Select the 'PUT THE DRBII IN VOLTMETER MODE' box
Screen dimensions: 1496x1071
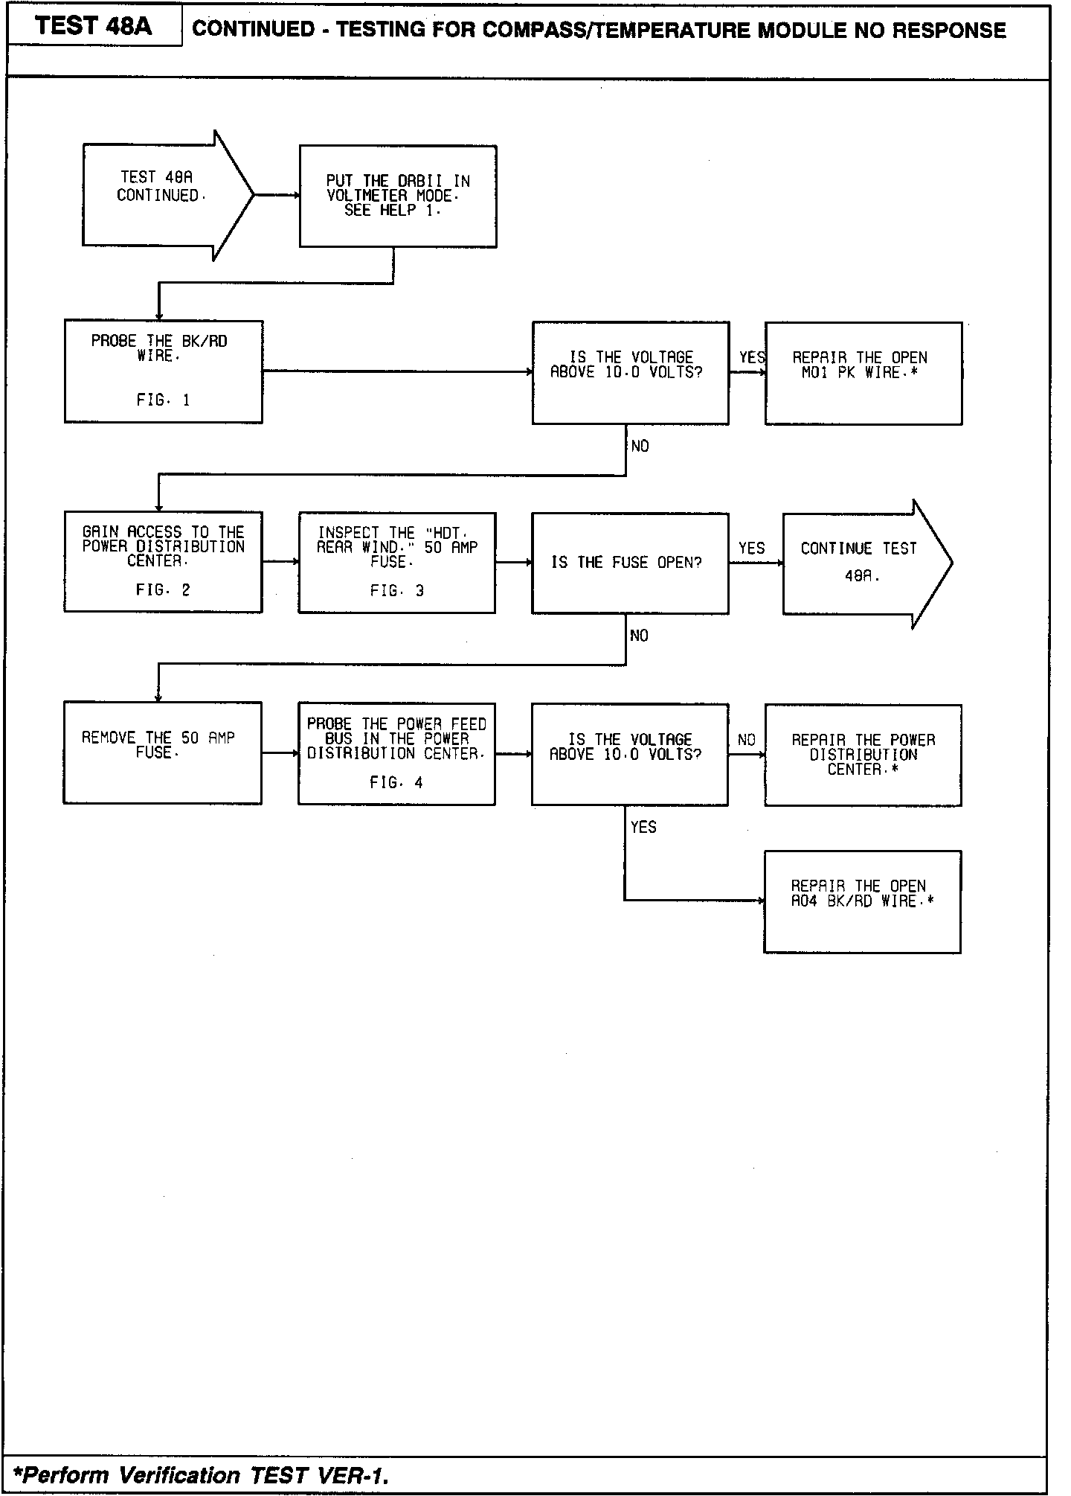click(x=398, y=196)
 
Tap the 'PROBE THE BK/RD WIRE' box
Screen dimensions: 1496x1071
click(x=163, y=371)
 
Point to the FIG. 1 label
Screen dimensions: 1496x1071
click(x=163, y=400)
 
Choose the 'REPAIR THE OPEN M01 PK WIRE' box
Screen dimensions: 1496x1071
click(x=863, y=373)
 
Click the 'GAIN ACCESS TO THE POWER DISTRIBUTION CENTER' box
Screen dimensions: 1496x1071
click(x=163, y=561)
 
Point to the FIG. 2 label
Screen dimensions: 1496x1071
click(x=163, y=590)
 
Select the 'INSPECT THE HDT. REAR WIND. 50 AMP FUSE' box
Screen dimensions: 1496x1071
click(x=396, y=562)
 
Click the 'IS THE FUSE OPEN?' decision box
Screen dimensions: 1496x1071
click(x=629, y=563)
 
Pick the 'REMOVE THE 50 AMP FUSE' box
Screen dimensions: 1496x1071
click(x=162, y=752)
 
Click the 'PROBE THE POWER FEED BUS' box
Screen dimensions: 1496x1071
click(x=396, y=753)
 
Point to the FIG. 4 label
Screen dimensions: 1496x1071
click(x=396, y=782)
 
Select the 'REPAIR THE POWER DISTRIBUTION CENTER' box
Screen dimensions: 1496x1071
click(x=863, y=755)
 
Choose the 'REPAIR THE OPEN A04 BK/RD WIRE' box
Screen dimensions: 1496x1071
click(x=862, y=901)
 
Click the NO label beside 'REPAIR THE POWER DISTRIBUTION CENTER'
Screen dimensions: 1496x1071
click(x=747, y=740)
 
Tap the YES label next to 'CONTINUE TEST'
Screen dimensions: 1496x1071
click(x=751, y=549)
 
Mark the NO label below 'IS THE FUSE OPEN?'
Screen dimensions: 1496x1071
click(x=639, y=636)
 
